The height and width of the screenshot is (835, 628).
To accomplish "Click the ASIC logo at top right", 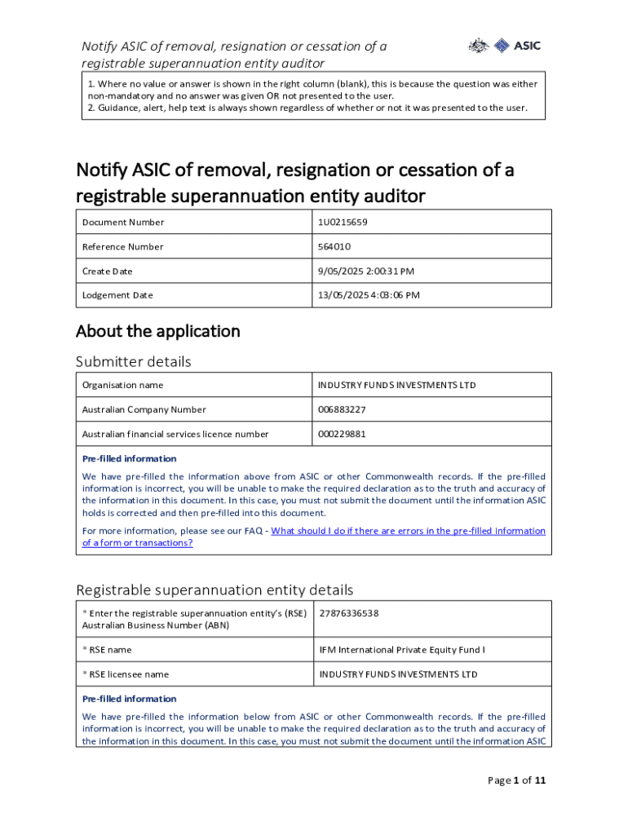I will pyautogui.click(x=504, y=46).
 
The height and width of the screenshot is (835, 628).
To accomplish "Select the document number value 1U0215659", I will pyautogui.click(x=347, y=222).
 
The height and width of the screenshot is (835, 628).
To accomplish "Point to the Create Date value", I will pyautogui.click(x=367, y=271).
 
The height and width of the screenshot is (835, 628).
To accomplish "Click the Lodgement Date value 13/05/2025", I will pyautogui.click(x=369, y=295).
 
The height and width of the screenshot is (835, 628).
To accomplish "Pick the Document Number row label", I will pyautogui.click(x=123, y=222).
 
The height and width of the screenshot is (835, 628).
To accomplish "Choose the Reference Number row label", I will pyautogui.click(x=123, y=246).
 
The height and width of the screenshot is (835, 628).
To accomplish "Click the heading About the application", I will pyautogui.click(x=157, y=331).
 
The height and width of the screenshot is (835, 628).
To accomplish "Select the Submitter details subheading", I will pyautogui.click(x=133, y=361).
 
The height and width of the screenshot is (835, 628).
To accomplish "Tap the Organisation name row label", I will pyautogui.click(x=122, y=385).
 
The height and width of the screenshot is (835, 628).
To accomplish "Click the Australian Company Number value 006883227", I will pyautogui.click(x=343, y=409).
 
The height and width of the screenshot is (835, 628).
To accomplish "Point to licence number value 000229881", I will pyautogui.click(x=342, y=434).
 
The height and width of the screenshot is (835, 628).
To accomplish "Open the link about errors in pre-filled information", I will pyautogui.click(x=408, y=531).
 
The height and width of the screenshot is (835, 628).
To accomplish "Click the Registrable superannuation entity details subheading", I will pyautogui.click(x=214, y=590).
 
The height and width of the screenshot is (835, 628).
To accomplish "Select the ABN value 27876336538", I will pyautogui.click(x=349, y=613).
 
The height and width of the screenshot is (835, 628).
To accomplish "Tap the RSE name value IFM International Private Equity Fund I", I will pyautogui.click(x=402, y=650).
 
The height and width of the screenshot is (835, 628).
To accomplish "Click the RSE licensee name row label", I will pyautogui.click(x=126, y=674).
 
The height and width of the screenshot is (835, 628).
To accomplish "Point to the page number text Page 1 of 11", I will pyautogui.click(x=516, y=780).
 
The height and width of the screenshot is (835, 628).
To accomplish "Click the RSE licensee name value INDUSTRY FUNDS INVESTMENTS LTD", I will pyautogui.click(x=398, y=674).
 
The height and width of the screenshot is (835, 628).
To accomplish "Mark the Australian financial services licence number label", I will pyautogui.click(x=175, y=434).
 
